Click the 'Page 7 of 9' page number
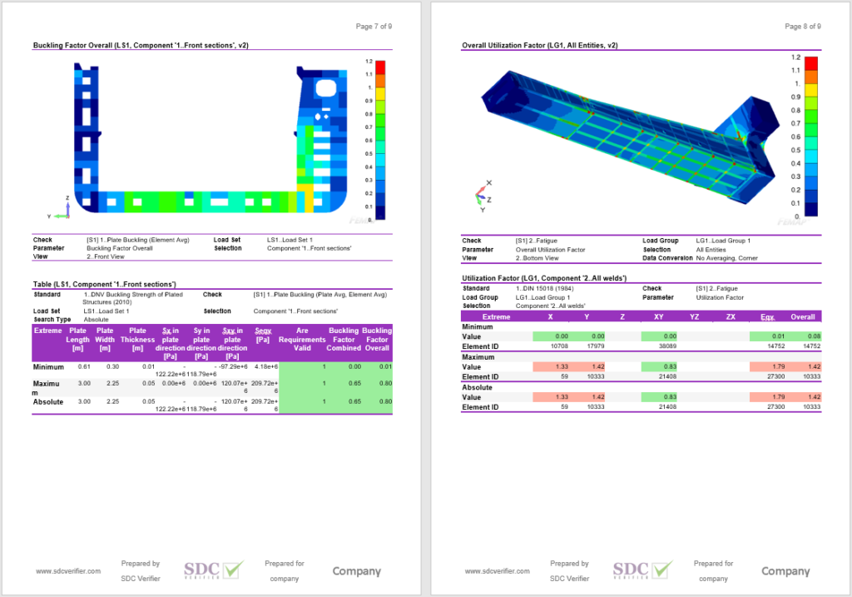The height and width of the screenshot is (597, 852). click(374, 27)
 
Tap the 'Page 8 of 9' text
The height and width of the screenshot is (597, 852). click(803, 27)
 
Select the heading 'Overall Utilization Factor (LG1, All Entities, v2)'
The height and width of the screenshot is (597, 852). click(539, 46)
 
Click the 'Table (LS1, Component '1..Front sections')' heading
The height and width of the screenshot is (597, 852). click(104, 284)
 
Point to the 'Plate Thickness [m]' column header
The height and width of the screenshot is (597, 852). click(137, 339)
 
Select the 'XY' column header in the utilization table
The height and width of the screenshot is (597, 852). click(658, 316)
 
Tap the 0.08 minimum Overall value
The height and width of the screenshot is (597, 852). click(803, 336)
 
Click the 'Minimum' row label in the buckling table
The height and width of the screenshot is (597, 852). click(48, 367)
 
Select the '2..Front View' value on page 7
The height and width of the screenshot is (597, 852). click(104, 257)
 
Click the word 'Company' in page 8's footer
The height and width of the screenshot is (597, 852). click(785, 571)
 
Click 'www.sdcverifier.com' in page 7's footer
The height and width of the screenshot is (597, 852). click(68, 571)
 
